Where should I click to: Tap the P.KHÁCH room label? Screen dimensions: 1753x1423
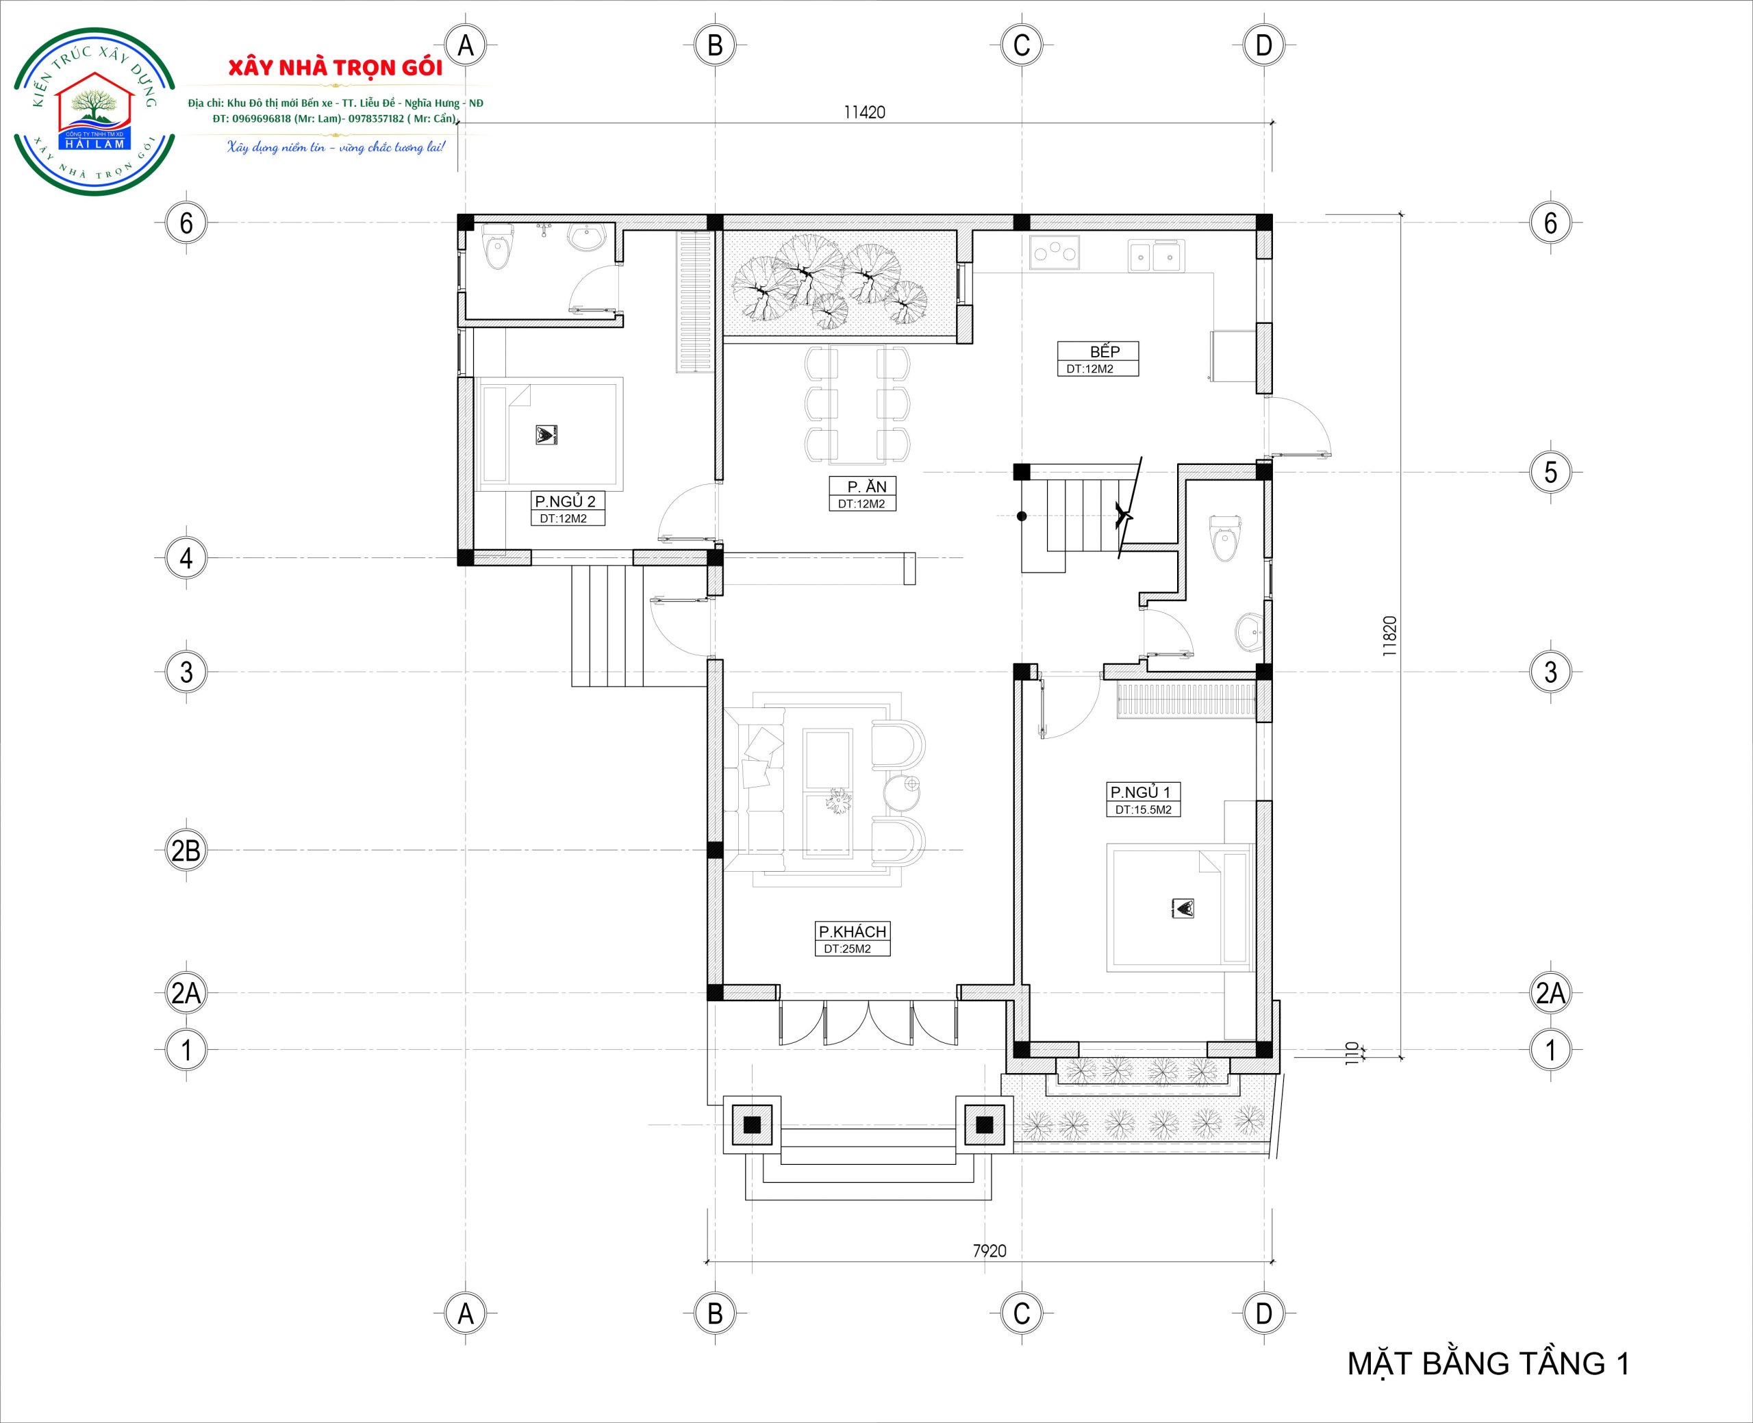(x=853, y=932)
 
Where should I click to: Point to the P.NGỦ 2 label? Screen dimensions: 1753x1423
(x=565, y=501)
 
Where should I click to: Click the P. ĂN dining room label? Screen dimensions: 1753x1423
(x=867, y=486)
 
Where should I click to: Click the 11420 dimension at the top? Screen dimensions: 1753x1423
(x=865, y=112)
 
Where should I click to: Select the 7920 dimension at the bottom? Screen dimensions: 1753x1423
(x=989, y=1251)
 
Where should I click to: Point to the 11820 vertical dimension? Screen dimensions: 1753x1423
(x=1388, y=637)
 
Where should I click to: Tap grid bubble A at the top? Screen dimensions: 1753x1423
(x=466, y=45)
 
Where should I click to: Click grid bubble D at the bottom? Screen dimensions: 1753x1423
(x=1263, y=1314)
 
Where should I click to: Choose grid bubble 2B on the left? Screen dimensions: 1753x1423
(x=186, y=851)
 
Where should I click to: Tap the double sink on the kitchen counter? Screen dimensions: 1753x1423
(x=1156, y=255)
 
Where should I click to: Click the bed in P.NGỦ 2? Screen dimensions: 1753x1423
(x=549, y=433)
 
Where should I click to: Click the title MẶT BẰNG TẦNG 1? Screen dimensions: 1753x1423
(x=1488, y=1363)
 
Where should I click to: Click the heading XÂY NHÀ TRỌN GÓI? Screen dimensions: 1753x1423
(x=334, y=68)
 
